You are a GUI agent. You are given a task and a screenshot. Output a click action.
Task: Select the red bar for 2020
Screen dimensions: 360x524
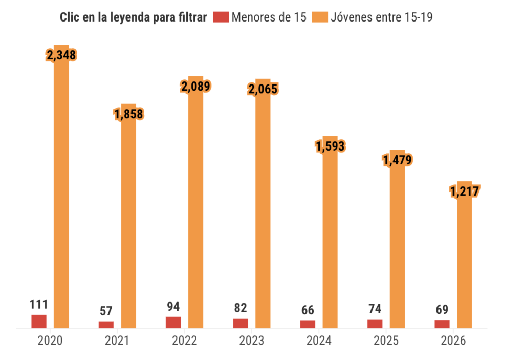[39, 321]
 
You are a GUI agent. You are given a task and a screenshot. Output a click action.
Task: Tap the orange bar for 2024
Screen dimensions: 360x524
[330, 241]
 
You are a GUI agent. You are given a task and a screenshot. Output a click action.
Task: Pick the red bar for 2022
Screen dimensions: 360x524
[173, 322]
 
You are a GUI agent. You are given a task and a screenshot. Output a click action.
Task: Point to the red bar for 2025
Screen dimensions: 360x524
[375, 323]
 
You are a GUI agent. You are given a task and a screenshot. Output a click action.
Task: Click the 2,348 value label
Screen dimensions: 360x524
[61, 55]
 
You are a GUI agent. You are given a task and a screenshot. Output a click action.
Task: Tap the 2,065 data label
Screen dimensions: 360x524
[262, 89]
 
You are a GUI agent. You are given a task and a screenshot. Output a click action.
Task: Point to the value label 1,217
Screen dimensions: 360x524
[464, 192]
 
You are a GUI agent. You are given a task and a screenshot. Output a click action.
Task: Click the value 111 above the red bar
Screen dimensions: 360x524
[39, 304]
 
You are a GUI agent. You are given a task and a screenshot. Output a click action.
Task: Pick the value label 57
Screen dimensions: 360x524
[106, 311]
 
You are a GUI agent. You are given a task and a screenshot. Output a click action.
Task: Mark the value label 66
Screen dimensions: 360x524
[308, 310]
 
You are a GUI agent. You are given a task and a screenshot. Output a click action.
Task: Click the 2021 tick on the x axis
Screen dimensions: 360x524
[117, 341]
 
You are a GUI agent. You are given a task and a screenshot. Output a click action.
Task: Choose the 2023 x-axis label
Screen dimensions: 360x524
[251, 341]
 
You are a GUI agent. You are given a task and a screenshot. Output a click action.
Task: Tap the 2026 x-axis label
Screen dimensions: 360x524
[453, 341]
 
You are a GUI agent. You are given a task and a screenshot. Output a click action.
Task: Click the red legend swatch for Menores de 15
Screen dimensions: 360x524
[220, 17]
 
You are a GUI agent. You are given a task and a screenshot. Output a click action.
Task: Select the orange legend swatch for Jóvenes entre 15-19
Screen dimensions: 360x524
[319, 17]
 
